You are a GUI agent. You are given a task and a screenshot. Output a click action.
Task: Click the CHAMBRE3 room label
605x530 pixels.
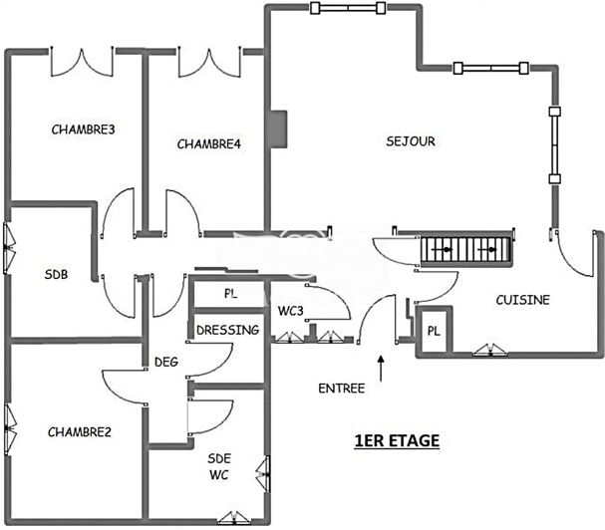pos(83,129)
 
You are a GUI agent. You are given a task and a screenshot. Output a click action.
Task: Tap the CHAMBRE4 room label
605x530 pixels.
pos(209,144)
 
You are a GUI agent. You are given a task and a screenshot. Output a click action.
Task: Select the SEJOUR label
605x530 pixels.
pos(411,141)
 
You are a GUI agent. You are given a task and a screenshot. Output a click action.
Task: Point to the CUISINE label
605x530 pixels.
pos(522,299)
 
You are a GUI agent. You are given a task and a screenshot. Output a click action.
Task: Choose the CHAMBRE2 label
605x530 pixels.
pos(79,431)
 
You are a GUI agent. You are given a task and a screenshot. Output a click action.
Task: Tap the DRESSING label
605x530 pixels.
pos(227,330)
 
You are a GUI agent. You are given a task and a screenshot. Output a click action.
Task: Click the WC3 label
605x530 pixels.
pos(290,311)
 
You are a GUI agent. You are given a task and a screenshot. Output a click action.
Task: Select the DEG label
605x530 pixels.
pos(165,362)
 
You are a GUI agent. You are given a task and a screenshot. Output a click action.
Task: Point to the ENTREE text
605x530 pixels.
pos(341,388)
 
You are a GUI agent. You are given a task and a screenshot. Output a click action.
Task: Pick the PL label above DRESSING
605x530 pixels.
pos(229,295)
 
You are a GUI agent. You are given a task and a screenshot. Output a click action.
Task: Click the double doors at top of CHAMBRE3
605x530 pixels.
pos(82,62)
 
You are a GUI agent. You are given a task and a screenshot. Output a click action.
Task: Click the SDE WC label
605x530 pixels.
pos(220,465)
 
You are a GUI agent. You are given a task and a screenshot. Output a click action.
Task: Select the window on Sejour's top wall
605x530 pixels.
pos(348,9)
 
